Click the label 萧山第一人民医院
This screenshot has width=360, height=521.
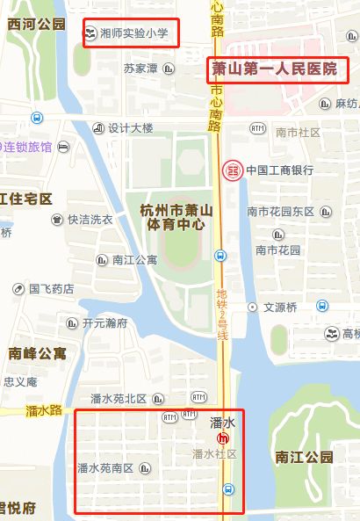(x=275, y=68)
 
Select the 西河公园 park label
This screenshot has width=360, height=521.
(x=36, y=24)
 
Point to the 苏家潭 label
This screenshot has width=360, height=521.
(x=140, y=69)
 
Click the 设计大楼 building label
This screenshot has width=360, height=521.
(x=131, y=127)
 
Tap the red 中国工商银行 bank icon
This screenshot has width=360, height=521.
(x=232, y=170)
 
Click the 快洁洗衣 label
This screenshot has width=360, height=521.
(x=90, y=220)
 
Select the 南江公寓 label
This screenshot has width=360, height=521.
(x=134, y=259)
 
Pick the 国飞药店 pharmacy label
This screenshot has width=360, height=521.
(x=52, y=288)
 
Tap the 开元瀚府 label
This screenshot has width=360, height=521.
(x=104, y=322)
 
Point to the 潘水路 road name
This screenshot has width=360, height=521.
(x=44, y=410)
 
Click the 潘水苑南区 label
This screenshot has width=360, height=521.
(x=105, y=468)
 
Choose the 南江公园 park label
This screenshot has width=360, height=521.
(x=304, y=457)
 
